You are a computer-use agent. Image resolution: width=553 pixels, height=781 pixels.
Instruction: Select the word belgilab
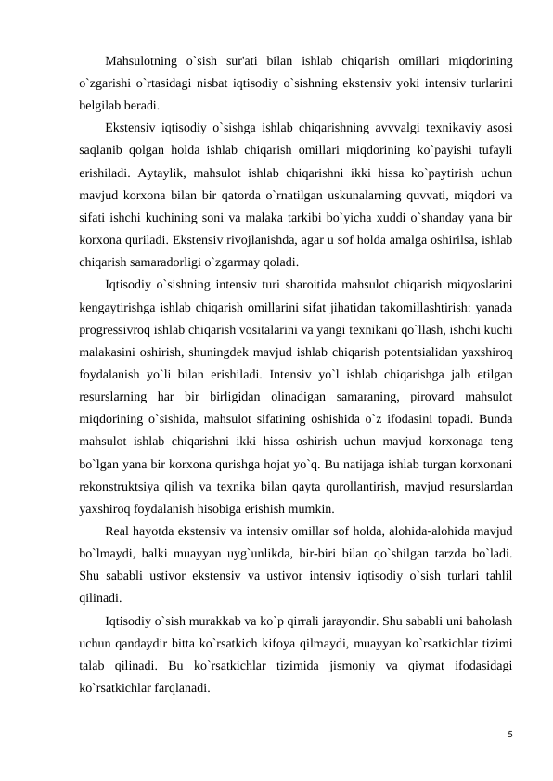tap(102, 105)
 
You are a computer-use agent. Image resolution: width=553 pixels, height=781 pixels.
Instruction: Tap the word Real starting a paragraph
tap(119, 531)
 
